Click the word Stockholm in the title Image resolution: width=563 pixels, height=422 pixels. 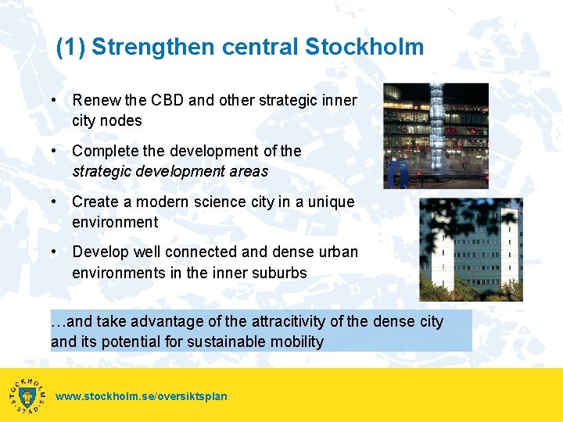pyautogui.click(x=364, y=47)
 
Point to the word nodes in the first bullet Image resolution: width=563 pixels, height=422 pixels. pyautogui.click(x=122, y=120)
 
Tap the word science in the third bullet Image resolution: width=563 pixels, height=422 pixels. pyautogui.click(x=223, y=202)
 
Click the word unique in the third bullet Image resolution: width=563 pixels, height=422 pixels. pyautogui.click(x=332, y=202)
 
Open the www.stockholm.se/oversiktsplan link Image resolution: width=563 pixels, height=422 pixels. pyautogui.click(x=142, y=396)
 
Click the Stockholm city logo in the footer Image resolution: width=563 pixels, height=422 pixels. pyautogui.click(x=27, y=395)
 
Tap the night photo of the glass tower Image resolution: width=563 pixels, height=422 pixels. pyautogui.click(x=436, y=135)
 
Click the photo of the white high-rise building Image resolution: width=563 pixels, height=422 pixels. pyautogui.click(x=471, y=250)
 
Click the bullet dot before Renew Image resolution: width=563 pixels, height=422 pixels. pyautogui.click(x=52, y=100)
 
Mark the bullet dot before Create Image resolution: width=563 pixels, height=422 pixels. pyautogui.click(x=52, y=202)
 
